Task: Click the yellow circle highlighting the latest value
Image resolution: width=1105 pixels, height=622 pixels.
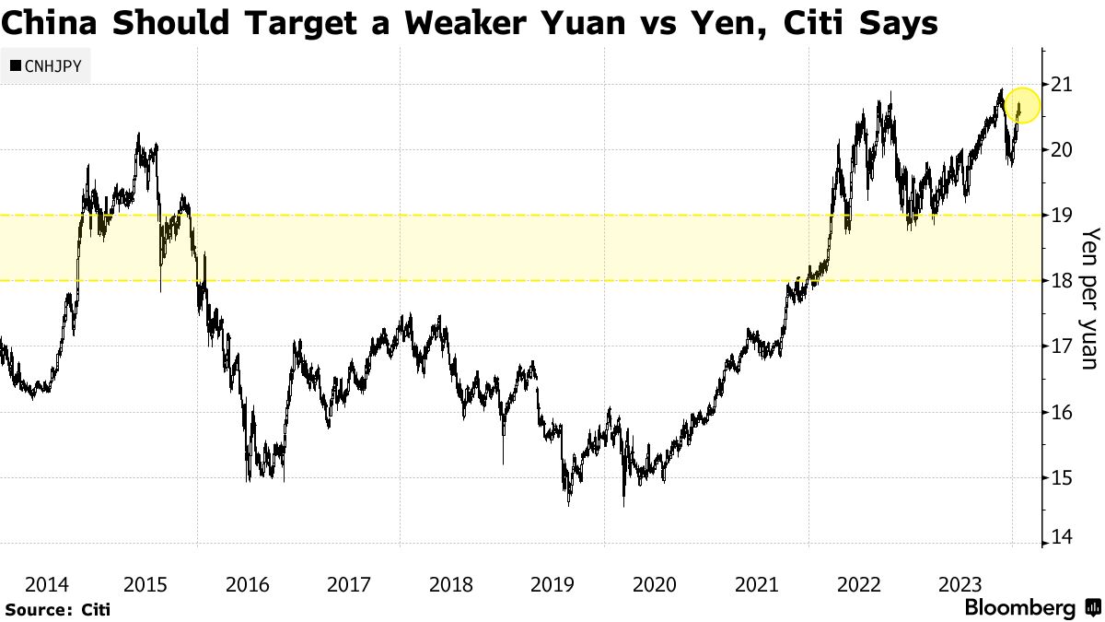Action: pyautogui.click(x=1022, y=106)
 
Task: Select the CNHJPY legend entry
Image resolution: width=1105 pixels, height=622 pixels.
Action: pyautogui.click(x=45, y=66)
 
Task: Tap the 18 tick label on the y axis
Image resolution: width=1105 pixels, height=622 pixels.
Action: pyautogui.click(x=1062, y=281)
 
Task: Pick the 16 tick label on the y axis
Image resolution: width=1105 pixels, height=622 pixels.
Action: pyautogui.click(x=1062, y=412)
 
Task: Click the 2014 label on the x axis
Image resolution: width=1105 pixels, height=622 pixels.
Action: pyautogui.click(x=46, y=584)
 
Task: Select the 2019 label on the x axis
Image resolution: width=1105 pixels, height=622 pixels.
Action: pyautogui.click(x=552, y=584)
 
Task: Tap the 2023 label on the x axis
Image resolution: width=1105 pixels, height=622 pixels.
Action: pyautogui.click(x=959, y=584)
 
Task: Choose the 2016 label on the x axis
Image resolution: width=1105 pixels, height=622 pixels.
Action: pyautogui.click(x=248, y=584)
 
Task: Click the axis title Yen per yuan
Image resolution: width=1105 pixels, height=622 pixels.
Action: pyautogui.click(x=1089, y=297)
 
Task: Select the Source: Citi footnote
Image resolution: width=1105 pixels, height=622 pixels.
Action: pyautogui.click(x=57, y=610)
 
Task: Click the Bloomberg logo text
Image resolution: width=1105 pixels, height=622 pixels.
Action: pyautogui.click(x=1019, y=608)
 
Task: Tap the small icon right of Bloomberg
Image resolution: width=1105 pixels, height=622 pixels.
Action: pyautogui.click(x=1093, y=608)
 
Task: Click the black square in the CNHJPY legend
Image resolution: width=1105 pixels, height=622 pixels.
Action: pyautogui.click(x=16, y=66)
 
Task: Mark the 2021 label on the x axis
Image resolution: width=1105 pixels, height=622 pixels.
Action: pyautogui.click(x=756, y=584)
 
